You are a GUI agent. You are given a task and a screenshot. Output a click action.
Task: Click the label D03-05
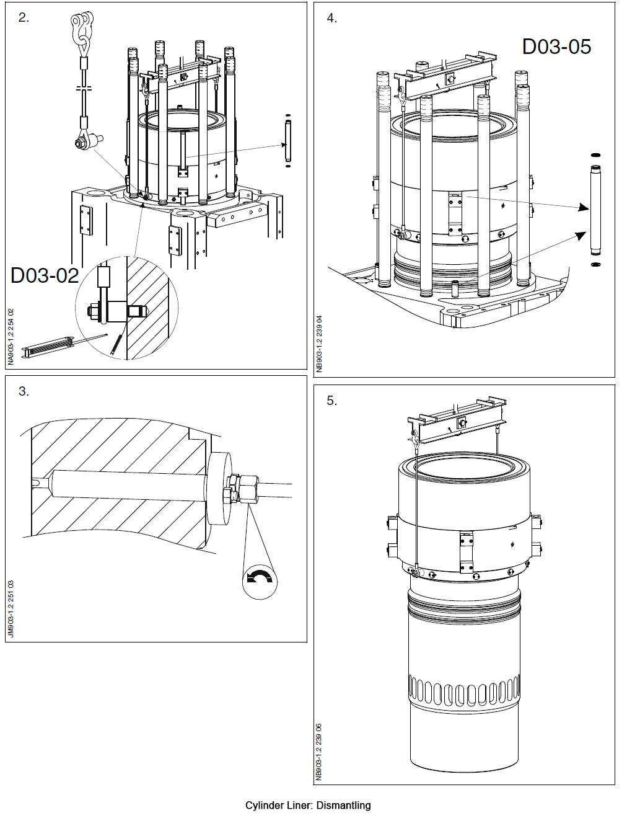pyautogui.click(x=556, y=47)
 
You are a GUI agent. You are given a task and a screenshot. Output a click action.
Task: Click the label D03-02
pyautogui.click(x=45, y=275)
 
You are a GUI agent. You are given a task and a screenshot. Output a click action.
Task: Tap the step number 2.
pyautogui.click(x=24, y=18)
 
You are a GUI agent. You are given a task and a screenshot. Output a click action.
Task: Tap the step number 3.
pyautogui.click(x=24, y=391)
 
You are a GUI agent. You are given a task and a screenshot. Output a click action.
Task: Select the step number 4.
pyautogui.click(x=331, y=19)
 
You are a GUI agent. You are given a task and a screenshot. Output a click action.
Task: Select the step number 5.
pyautogui.click(x=331, y=401)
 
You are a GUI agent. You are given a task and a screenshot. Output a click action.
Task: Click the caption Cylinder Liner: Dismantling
pyautogui.click(x=308, y=805)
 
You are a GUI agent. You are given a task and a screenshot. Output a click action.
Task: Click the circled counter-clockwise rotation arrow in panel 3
pyautogui.click(x=260, y=578)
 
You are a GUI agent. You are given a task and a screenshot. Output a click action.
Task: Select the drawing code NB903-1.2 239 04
pyautogui.click(x=320, y=344)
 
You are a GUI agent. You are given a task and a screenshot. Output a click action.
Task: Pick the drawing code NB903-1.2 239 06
pyautogui.click(x=320, y=751)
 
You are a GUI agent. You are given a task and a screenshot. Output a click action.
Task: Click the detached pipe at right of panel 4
pyautogui.click(x=595, y=211)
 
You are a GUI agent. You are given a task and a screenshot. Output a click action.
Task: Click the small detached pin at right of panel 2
pyautogui.click(x=288, y=141)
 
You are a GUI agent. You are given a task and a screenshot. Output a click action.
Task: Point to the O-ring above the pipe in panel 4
pyautogui.click(x=595, y=154)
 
